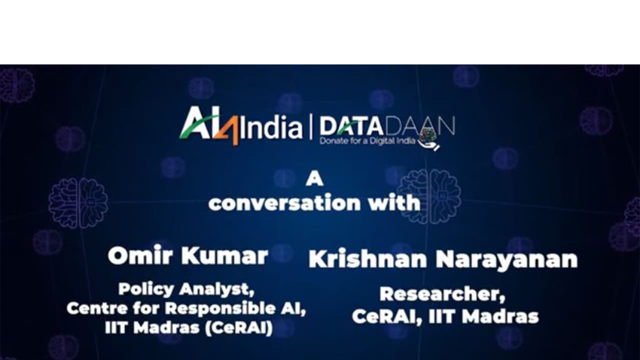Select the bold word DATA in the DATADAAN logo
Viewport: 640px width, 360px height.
(342, 125)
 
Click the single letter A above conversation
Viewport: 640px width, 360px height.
(314, 178)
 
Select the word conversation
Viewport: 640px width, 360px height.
(284, 203)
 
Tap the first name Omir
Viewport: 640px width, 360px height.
(141, 256)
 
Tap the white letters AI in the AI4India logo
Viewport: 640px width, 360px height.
(197, 125)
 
